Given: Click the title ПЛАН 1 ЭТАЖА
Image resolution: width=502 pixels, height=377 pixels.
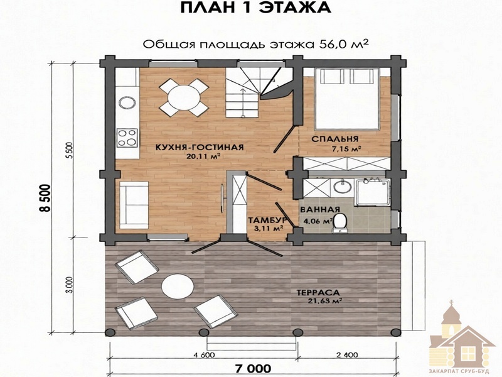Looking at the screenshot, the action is [x=255, y=8].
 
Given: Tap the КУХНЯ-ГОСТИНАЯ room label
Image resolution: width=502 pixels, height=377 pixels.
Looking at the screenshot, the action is [x=200, y=148].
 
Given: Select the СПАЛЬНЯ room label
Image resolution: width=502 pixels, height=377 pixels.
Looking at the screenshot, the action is [x=334, y=139].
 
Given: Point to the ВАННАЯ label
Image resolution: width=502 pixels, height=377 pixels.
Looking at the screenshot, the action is [x=320, y=210].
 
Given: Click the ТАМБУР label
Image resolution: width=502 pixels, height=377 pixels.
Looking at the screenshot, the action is [x=268, y=221].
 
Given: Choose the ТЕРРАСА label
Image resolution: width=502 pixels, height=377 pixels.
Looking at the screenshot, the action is [x=318, y=293].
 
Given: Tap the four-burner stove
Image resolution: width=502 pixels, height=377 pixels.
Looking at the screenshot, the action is [x=127, y=138].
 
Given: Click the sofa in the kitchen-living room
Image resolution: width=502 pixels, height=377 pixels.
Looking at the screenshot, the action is [x=134, y=205].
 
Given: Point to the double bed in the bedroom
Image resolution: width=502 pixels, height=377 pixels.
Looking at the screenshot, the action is [x=348, y=99].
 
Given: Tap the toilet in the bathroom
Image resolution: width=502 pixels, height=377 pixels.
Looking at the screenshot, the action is [x=339, y=223].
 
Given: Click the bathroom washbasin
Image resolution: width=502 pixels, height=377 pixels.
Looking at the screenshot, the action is [x=342, y=186].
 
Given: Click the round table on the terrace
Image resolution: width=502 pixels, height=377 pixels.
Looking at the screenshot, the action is [x=178, y=287].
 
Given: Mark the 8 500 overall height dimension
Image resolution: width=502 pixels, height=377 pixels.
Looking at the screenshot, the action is [x=45, y=198].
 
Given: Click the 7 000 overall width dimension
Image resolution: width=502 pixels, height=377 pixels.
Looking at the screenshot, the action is [x=253, y=368].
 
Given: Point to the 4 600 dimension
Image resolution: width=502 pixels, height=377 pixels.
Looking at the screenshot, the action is [x=205, y=355].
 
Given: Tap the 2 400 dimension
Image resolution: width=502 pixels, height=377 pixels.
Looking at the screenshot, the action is [x=348, y=355].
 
